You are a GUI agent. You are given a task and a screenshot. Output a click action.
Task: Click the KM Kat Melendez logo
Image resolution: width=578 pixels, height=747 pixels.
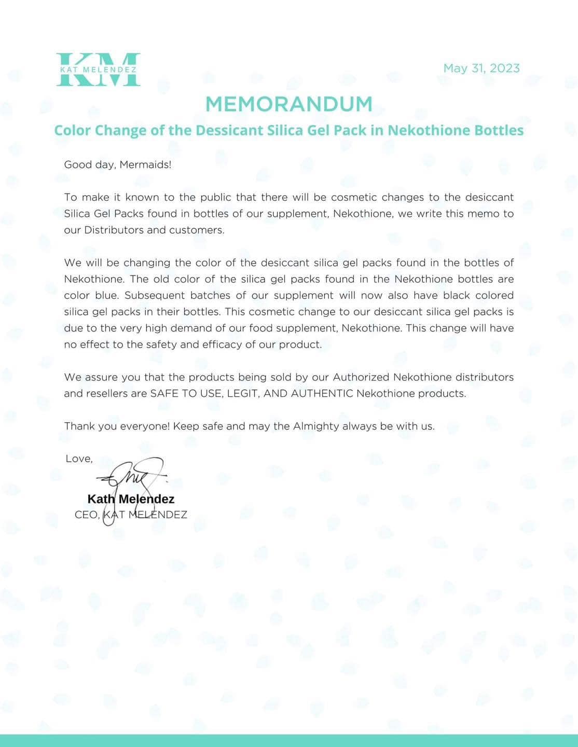(98, 69)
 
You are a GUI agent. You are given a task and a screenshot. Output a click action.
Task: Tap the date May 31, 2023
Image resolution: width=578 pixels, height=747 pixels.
(481, 68)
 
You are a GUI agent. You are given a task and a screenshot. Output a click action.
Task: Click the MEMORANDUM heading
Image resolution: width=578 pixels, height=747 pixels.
(289, 104)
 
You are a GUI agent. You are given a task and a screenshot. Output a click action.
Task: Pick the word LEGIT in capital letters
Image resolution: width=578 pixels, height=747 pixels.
(243, 393)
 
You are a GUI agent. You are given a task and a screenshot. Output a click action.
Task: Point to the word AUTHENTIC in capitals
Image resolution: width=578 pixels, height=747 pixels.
(322, 393)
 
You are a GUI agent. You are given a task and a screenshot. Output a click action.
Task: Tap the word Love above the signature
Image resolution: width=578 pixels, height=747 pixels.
(78, 459)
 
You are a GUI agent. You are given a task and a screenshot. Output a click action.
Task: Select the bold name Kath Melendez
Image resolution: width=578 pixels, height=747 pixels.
(131, 499)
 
